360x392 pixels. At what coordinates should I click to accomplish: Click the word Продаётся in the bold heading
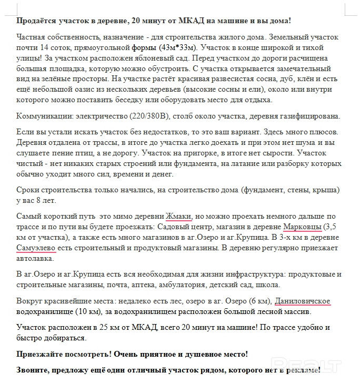point(36,21)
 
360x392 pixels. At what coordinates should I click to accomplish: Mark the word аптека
point(158,285)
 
